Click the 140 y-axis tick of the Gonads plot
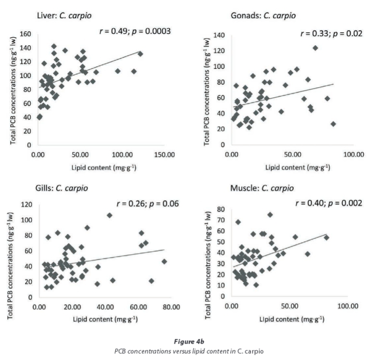coord(220,36)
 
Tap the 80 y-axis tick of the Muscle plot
coord(222,209)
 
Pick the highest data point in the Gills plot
coord(110,215)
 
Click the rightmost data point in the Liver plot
coord(140,54)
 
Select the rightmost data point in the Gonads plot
coord(333,124)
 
